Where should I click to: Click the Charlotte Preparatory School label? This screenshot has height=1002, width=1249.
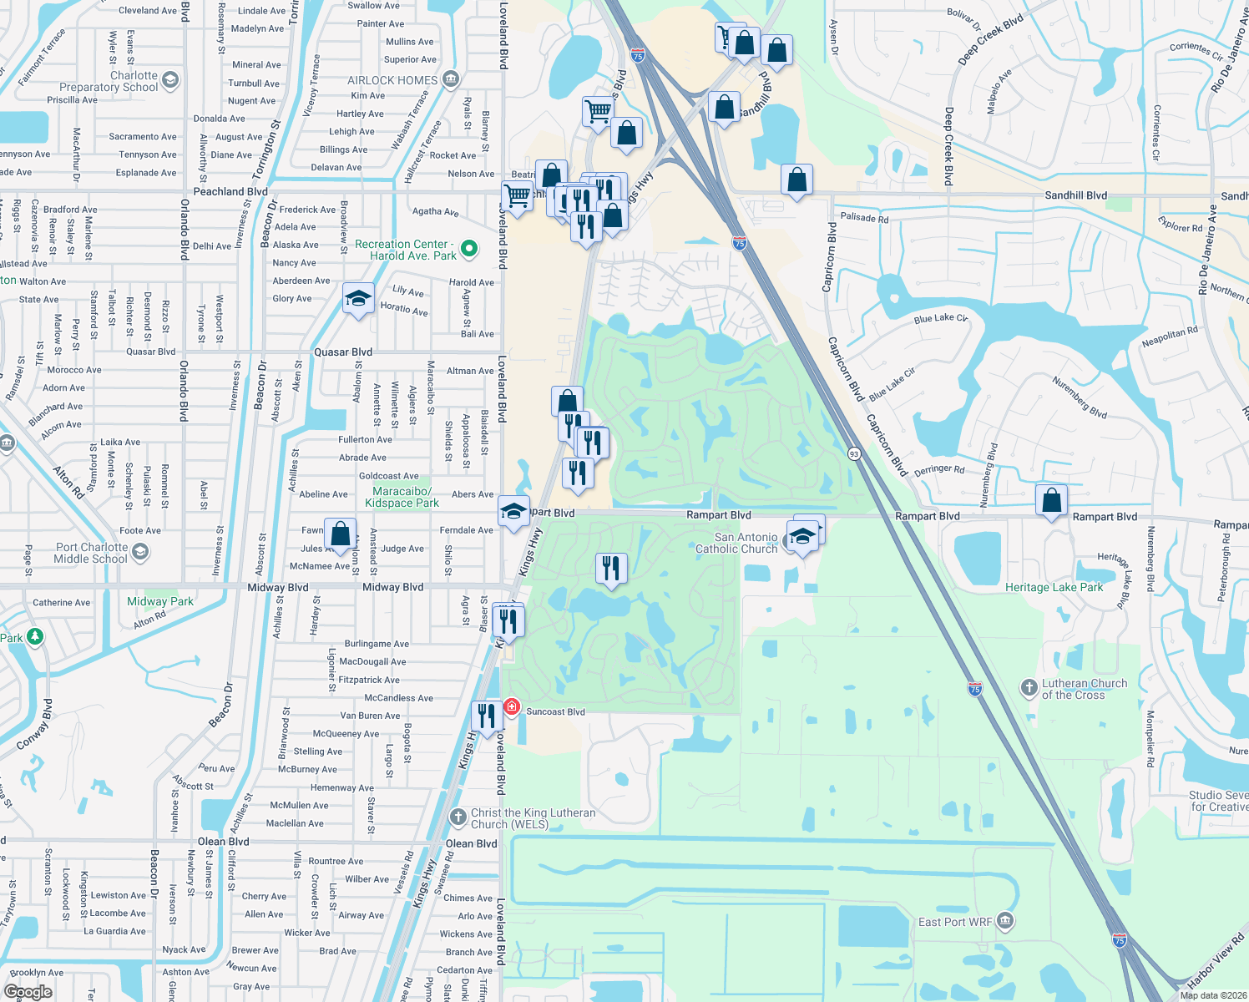tap(109, 81)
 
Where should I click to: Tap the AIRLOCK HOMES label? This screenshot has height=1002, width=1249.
tap(392, 80)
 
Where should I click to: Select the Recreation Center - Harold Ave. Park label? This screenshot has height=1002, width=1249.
tap(406, 250)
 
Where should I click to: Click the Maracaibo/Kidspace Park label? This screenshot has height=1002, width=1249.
tap(402, 497)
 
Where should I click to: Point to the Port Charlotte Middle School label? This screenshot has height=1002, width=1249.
tap(91, 553)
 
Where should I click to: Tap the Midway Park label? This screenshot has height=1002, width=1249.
tap(160, 601)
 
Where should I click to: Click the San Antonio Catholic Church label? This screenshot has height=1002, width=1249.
tap(736, 543)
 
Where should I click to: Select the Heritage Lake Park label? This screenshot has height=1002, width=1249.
tap(1054, 587)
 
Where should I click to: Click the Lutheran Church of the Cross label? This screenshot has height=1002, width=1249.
tap(1084, 689)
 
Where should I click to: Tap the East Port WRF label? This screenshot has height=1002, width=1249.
tap(955, 922)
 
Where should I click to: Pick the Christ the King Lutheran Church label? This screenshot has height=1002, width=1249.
tap(533, 818)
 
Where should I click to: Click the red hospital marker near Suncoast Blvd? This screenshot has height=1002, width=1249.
tap(511, 707)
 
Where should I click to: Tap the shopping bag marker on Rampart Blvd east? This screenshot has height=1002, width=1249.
tap(1051, 500)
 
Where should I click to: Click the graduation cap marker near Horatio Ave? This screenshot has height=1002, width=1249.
tap(358, 299)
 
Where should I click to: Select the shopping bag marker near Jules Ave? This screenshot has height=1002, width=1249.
tap(340, 533)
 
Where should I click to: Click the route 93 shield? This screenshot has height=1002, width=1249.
tap(853, 453)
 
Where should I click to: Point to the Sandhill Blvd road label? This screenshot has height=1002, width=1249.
tap(1075, 195)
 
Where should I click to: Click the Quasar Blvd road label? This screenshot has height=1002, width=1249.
tap(343, 352)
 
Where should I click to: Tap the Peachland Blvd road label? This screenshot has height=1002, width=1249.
tap(230, 191)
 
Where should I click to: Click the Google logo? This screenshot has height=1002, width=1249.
tap(28, 991)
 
